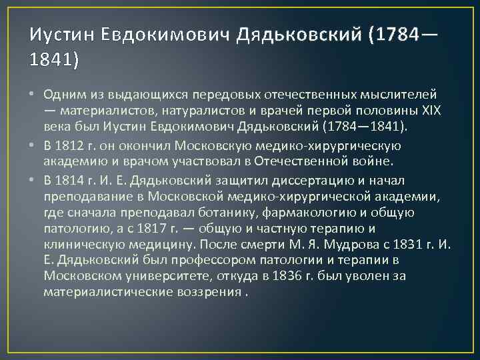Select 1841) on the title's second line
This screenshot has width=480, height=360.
[54, 60]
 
